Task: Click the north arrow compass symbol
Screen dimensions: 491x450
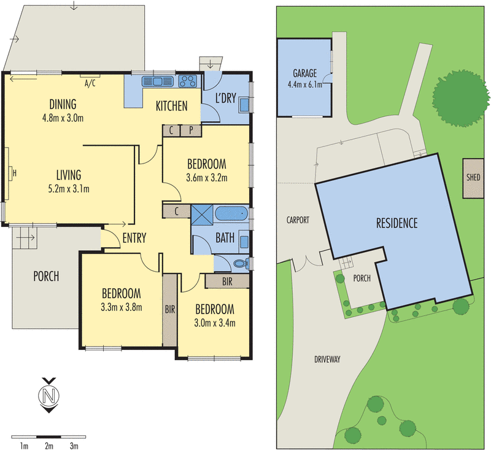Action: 49,395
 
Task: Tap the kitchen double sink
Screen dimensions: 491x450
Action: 158,82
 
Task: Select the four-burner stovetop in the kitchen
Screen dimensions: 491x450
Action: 188,82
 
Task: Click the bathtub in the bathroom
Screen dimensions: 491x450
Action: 231,213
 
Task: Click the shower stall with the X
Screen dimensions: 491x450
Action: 202,215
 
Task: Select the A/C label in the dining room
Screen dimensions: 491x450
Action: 90,84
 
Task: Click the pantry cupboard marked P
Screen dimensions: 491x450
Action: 191,130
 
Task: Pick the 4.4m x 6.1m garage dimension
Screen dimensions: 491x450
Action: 304,84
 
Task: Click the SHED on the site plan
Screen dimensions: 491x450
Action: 473,178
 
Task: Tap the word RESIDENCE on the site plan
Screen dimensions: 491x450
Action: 396,223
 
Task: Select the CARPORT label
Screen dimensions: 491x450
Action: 298,220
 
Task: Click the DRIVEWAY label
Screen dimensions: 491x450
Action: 327,360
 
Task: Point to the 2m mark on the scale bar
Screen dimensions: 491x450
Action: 49,446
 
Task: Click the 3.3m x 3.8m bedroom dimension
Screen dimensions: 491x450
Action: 122,307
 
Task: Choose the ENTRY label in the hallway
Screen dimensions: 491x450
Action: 134,238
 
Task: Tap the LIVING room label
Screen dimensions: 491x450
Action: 69,175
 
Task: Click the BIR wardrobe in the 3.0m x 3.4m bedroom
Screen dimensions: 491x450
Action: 227,282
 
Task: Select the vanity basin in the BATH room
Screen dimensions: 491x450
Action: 244,242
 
